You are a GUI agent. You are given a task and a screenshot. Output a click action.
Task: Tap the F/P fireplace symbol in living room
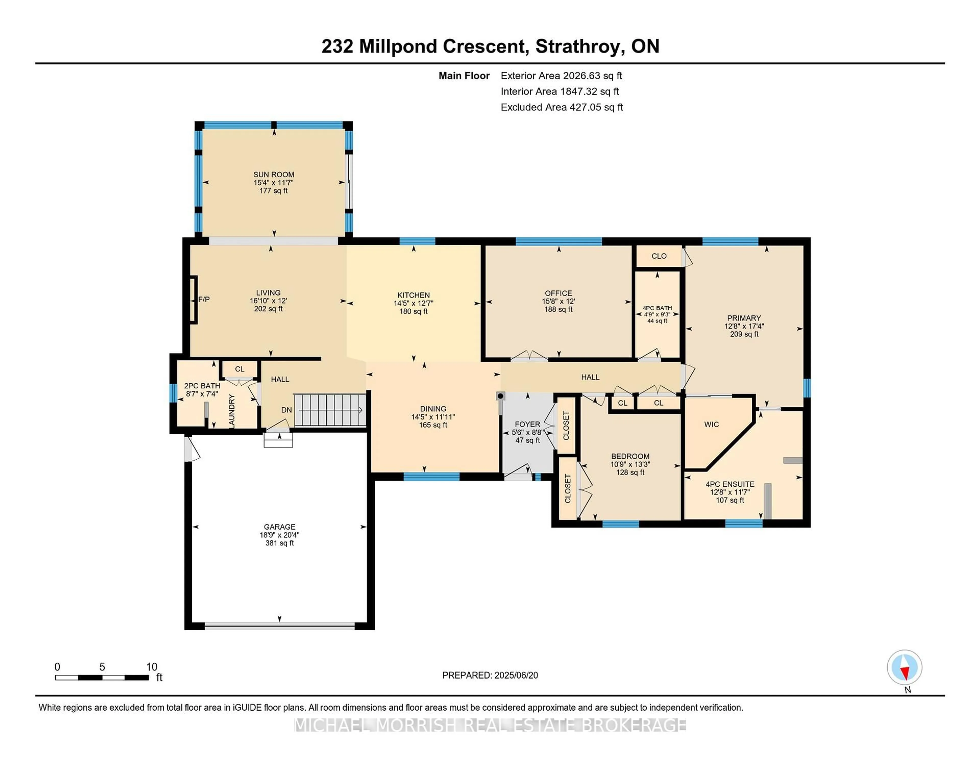click(204, 299)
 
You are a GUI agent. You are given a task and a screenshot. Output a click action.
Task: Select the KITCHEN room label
click(413, 295)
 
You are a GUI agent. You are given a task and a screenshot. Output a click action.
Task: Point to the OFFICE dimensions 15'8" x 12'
click(558, 301)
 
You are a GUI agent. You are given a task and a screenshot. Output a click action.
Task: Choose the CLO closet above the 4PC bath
click(659, 256)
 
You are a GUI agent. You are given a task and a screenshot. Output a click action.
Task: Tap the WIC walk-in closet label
click(711, 424)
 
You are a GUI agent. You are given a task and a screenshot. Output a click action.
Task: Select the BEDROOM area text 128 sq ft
click(630, 472)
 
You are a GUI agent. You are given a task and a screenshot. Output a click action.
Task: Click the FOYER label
click(527, 424)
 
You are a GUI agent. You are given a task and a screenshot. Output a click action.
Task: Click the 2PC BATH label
click(202, 386)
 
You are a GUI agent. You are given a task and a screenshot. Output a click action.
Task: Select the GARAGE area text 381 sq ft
click(279, 543)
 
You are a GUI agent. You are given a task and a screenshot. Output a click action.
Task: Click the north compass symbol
click(904, 667)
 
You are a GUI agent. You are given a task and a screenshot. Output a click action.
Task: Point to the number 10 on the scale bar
click(152, 667)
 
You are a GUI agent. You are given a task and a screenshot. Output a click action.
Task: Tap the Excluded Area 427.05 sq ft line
click(561, 107)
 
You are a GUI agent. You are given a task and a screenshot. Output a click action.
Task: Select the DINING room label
click(433, 409)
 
